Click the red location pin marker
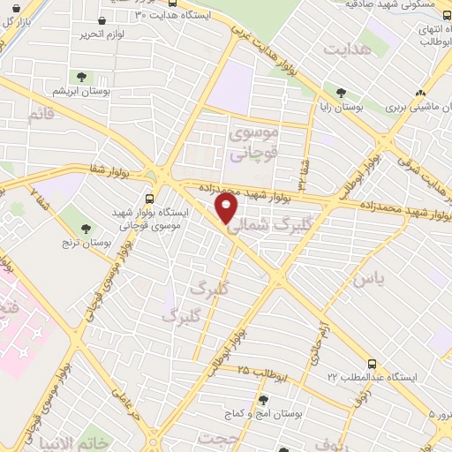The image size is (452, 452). [227, 208]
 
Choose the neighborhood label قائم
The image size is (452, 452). [41, 115]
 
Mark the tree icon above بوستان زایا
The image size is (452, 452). [341, 91]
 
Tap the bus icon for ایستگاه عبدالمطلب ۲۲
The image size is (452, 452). [372, 363]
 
